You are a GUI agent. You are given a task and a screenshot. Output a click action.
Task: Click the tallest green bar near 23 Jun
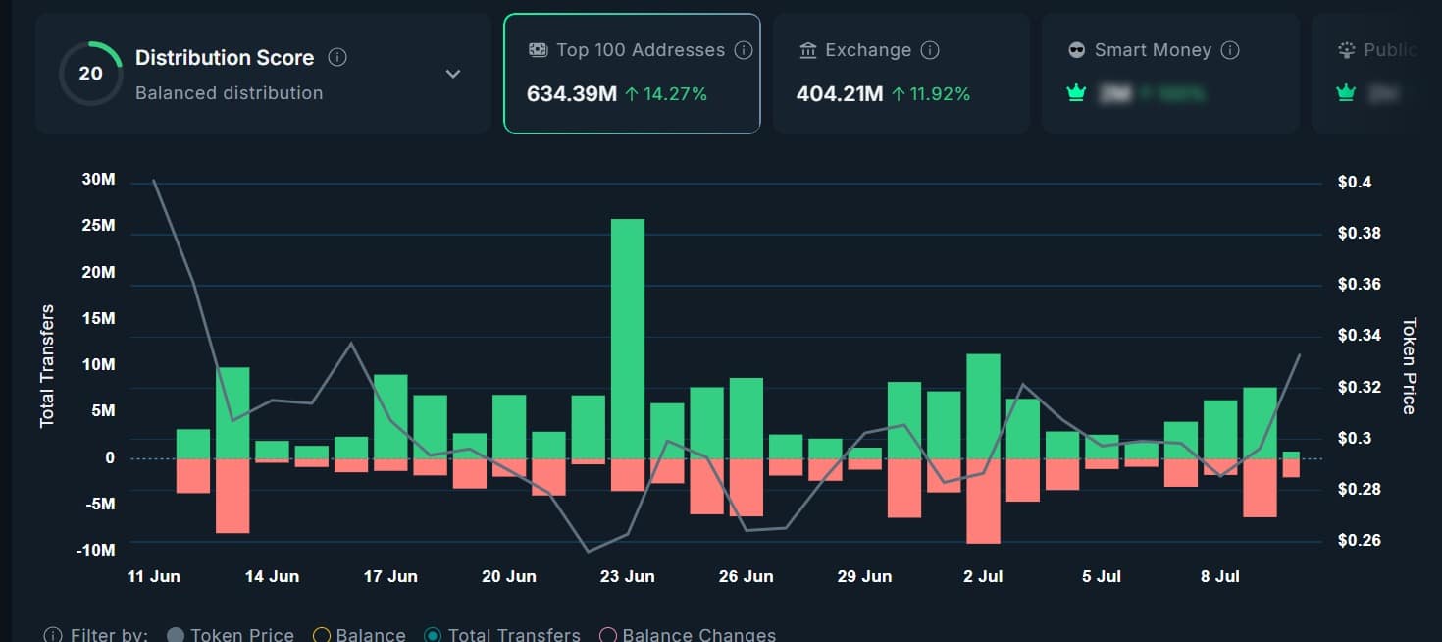pos(628,339)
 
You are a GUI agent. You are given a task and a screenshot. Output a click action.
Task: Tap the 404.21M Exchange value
pos(839,94)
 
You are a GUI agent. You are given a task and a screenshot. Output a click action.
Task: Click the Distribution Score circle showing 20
pos(90,73)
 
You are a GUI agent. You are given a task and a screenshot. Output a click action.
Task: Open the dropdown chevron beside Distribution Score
pos(453,74)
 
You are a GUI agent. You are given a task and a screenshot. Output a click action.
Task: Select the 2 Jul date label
pos(982,576)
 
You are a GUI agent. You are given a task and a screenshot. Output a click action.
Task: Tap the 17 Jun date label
pos(390,576)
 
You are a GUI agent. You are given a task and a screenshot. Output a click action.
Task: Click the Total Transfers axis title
pos(47,366)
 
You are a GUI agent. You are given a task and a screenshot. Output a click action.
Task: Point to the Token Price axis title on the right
pos(1409,365)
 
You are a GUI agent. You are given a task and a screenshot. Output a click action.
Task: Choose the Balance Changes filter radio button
pos(608,635)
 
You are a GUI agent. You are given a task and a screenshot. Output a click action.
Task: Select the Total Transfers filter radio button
pos(433,635)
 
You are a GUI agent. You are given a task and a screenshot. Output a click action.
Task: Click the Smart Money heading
pos(1153,50)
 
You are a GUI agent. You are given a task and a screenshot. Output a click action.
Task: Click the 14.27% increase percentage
pos(675,94)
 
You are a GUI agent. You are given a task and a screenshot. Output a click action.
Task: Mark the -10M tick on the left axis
pos(95,550)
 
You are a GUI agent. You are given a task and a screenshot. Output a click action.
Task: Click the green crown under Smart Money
pos(1076,94)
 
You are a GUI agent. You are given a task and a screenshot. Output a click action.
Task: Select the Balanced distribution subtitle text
pos(229,93)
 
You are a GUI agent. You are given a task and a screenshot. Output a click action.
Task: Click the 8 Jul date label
pos(1219,576)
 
